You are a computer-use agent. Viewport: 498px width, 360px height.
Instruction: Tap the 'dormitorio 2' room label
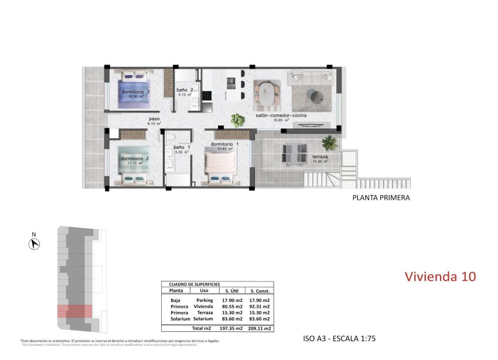tap(135, 158)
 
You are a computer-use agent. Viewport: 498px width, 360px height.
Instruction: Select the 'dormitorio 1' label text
tap(225, 144)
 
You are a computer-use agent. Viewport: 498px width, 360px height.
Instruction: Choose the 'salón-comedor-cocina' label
tap(281, 116)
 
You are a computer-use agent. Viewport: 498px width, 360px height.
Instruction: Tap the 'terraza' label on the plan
tap(320, 157)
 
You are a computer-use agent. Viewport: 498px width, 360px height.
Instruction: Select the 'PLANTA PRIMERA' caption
tap(381, 198)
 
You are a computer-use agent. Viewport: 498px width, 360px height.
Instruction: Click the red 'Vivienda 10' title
tap(441, 276)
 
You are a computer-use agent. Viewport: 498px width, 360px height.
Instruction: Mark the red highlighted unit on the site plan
tap(74, 311)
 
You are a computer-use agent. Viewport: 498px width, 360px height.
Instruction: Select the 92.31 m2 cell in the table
tap(260, 307)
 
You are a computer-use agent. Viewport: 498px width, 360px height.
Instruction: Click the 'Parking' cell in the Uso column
tap(204, 300)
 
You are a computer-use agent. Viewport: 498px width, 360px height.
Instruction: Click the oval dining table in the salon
tap(267, 93)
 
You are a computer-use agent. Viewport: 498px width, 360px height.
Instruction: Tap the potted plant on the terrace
tap(329, 142)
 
